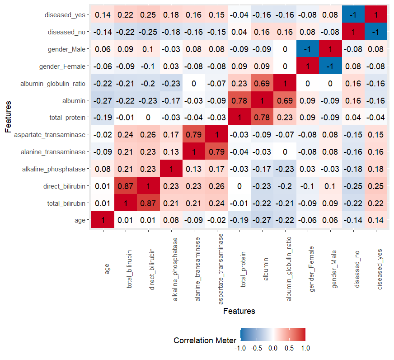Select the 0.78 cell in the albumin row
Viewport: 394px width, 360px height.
coord(239,100)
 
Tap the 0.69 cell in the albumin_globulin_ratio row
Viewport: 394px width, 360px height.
coord(263,83)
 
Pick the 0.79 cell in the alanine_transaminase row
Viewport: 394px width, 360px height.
coord(217,152)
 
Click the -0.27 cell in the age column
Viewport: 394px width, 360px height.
coord(103,100)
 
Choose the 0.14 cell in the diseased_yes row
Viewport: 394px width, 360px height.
coord(103,15)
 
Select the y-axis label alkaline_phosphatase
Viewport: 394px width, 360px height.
coord(54,169)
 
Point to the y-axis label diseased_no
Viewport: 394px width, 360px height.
coord(67,32)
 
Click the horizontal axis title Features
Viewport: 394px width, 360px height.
coord(239,311)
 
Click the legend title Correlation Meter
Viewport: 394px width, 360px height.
coord(205,340)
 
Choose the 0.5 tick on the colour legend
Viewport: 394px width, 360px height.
coord(289,348)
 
